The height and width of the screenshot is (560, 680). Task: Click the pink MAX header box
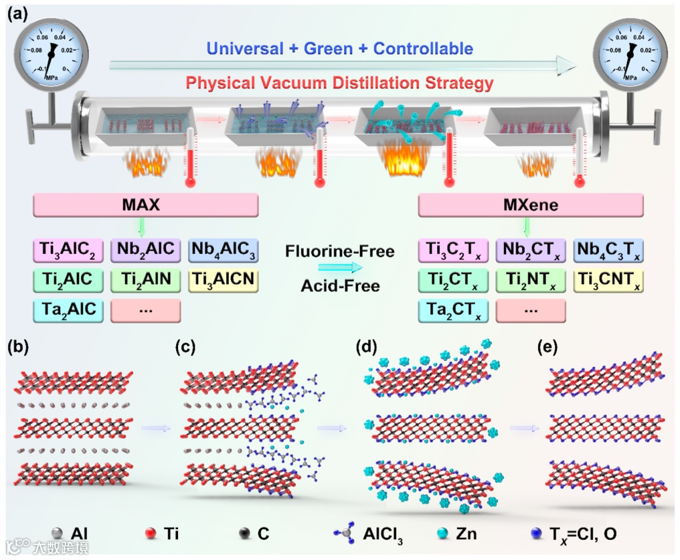[x=145, y=206]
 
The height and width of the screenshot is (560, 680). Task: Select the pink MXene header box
[x=531, y=206]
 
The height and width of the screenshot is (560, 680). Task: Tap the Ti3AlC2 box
[x=68, y=250]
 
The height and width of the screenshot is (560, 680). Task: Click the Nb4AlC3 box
[x=223, y=250]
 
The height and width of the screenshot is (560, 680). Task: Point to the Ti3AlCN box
[x=223, y=280]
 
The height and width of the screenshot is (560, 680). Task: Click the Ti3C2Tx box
[x=454, y=250]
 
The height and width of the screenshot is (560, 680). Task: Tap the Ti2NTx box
[x=531, y=280]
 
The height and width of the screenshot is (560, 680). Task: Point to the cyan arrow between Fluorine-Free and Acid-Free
[x=340, y=267]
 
